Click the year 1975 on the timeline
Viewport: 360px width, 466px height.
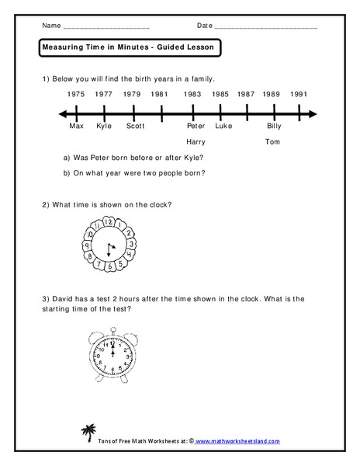(x=76, y=94)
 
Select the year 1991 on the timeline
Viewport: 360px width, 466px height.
(x=299, y=94)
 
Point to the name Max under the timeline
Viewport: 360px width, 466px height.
(x=76, y=126)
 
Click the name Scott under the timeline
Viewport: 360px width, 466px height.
(x=135, y=126)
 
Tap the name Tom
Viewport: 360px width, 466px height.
(x=272, y=142)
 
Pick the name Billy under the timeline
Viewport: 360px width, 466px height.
(x=274, y=126)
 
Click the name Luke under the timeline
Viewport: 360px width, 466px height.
(x=223, y=126)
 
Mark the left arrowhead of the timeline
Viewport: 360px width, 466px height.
(x=62, y=114)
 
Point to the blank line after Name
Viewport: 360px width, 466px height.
(x=105, y=27)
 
